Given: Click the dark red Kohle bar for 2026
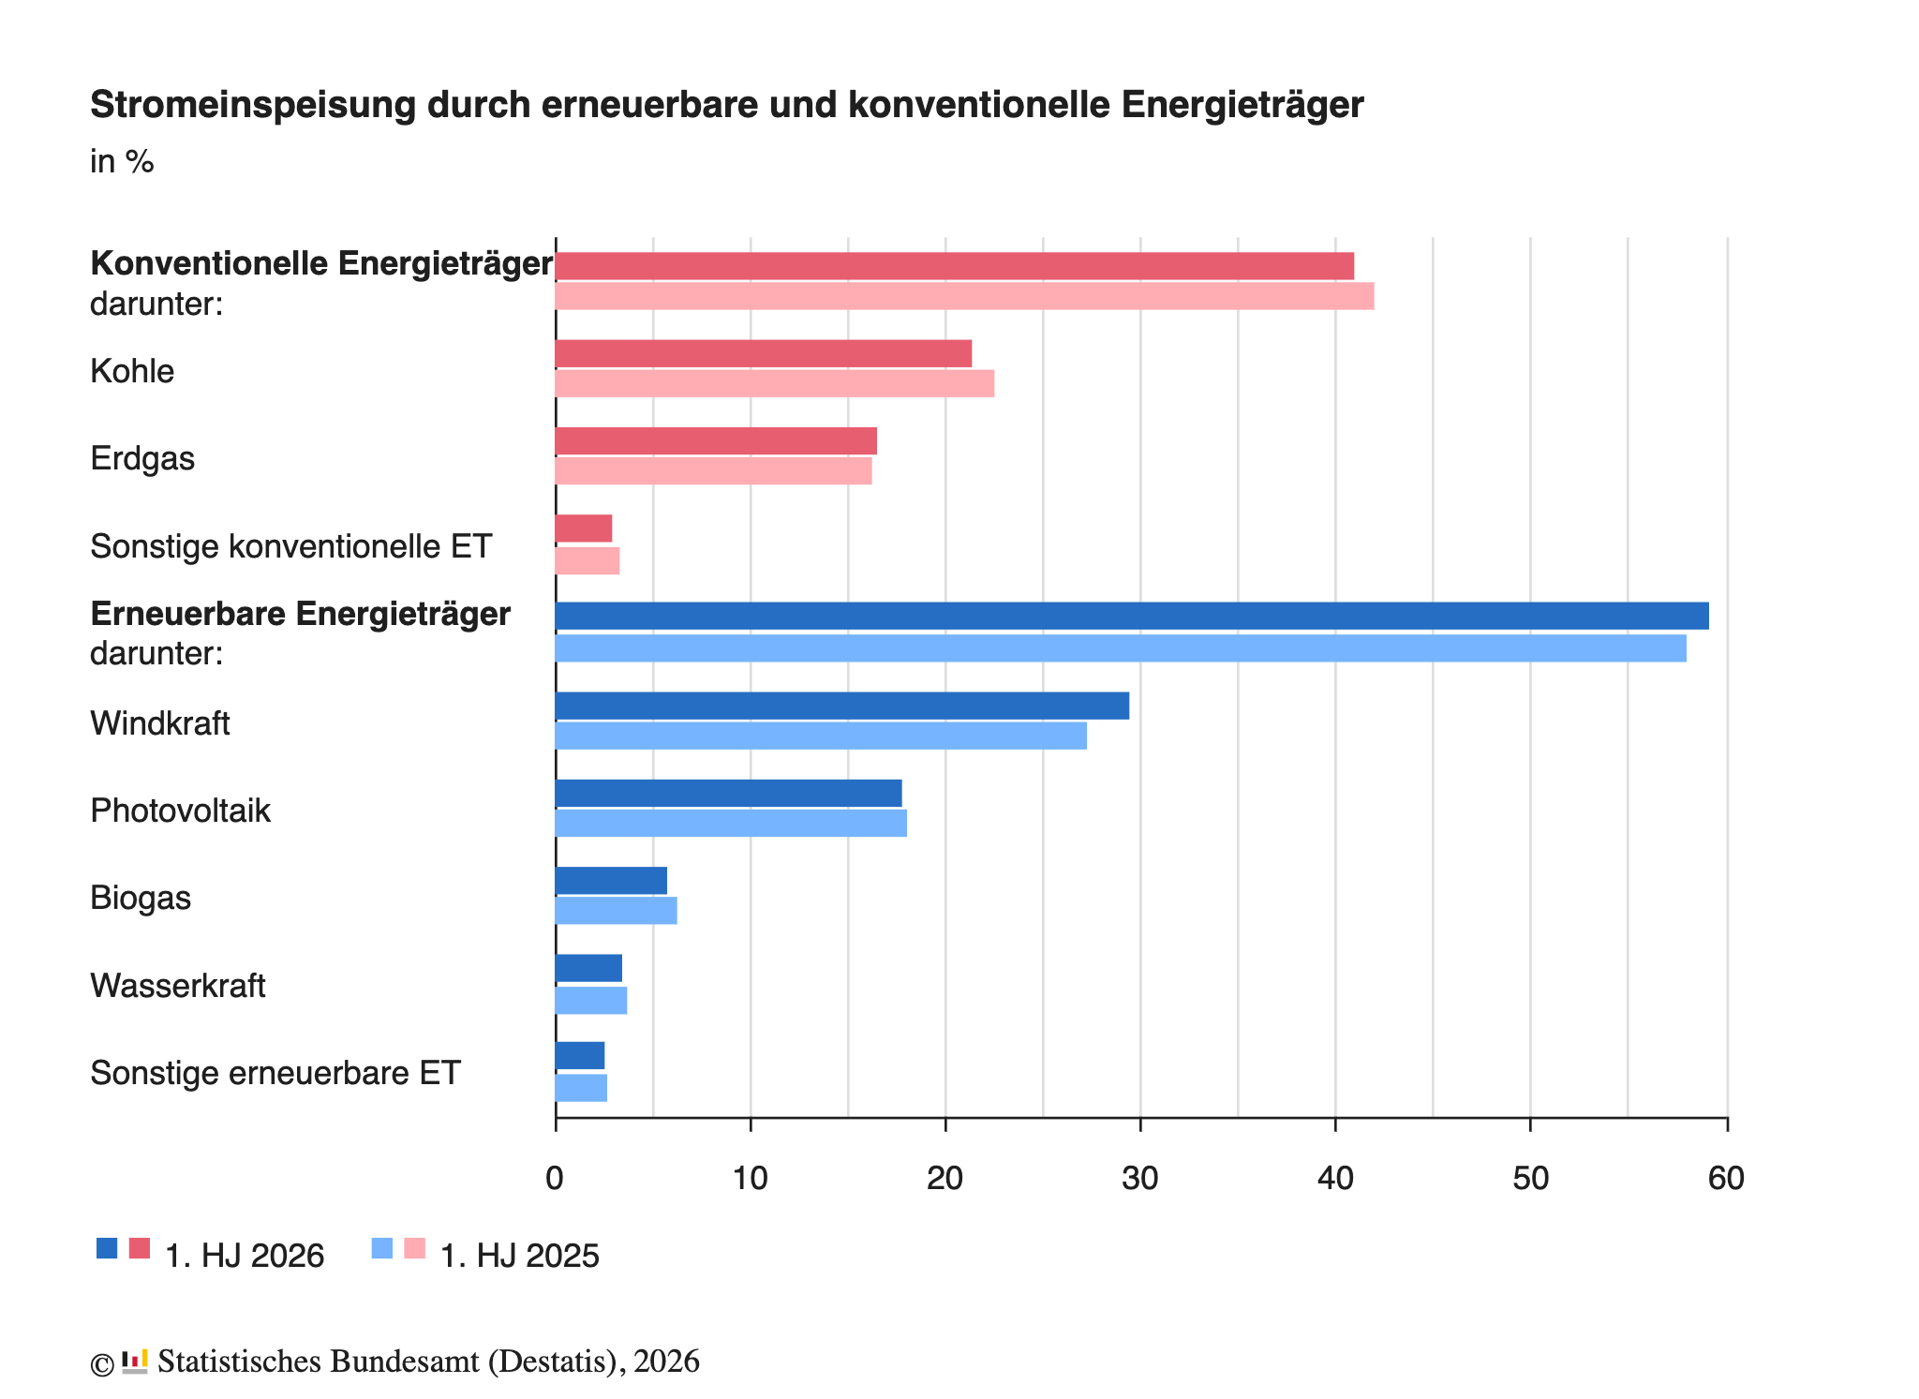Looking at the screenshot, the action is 764,353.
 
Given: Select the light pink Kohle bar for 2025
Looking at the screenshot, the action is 775,384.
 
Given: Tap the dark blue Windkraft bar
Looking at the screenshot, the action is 842,706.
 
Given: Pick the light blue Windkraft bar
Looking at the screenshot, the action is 821,736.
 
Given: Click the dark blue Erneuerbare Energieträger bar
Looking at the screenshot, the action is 1132,616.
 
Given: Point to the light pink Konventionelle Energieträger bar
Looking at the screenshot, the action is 965,296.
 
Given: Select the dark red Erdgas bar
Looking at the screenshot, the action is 716,441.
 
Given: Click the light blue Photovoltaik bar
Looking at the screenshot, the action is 731,824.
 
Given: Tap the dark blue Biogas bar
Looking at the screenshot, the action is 611,881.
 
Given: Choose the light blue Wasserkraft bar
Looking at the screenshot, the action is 591,1001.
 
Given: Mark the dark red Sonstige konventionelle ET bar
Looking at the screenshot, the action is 584,528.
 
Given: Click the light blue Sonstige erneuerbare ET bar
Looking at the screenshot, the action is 581,1088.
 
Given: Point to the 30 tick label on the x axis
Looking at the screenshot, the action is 1140,1179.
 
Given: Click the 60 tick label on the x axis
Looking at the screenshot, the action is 1726,1179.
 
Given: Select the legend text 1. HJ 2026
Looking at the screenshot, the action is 245,1256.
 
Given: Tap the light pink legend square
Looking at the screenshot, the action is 414,1248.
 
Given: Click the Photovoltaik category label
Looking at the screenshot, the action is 180,811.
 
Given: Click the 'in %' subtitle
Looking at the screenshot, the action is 122,162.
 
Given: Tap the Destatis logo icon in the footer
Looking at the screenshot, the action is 135,1362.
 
